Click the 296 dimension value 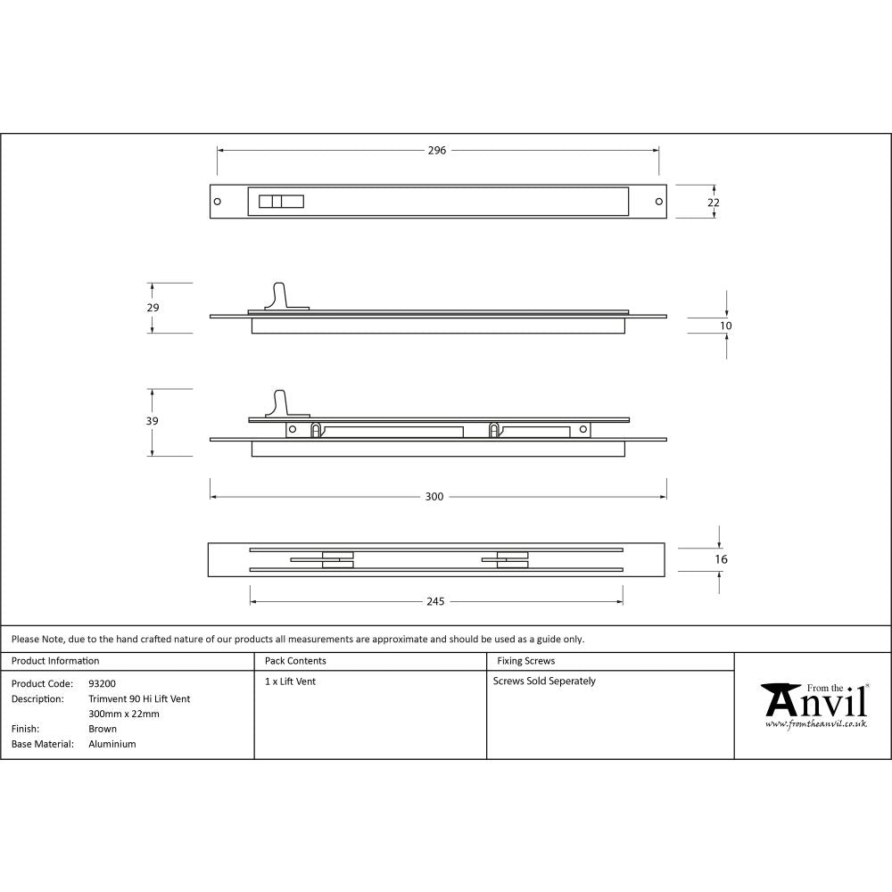point(436,151)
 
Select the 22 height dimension point(714,202)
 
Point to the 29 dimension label point(153,308)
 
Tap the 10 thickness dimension point(726,326)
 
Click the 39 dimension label point(153,421)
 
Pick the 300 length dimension point(434,497)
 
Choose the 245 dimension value point(434,602)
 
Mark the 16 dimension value point(722,559)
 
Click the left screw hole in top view point(219,202)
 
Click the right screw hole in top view point(659,202)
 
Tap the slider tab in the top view point(280,202)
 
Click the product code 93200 point(102,684)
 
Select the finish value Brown point(103,729)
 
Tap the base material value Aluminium point(112,744)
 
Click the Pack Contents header point(295,661)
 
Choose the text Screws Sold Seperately point(544,681)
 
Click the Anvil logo point(814,706)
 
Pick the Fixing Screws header point(525,661)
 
